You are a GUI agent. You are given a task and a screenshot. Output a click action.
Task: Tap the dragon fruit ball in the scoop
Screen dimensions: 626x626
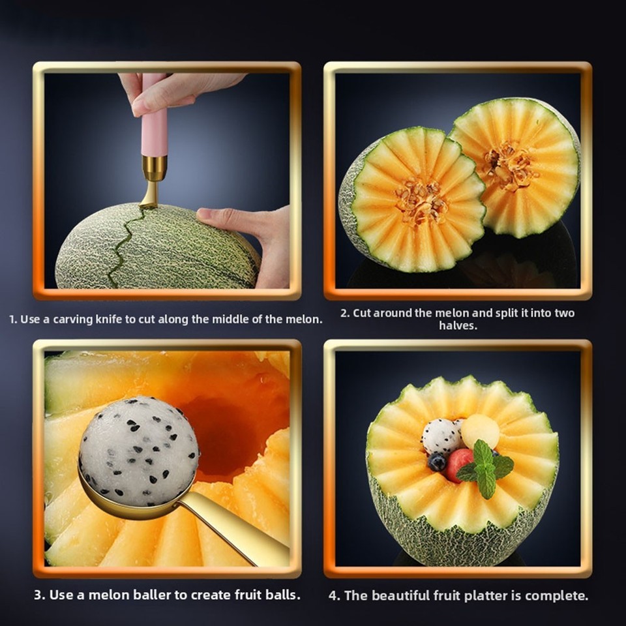138,450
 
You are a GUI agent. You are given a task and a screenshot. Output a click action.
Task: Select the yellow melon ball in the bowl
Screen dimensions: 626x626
481,431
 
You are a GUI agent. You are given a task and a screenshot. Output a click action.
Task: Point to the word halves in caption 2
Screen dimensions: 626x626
457,325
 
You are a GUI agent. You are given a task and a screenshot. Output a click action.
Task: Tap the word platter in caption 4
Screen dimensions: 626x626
494,595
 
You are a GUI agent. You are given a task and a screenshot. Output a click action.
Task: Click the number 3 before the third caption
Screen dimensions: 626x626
38,595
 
